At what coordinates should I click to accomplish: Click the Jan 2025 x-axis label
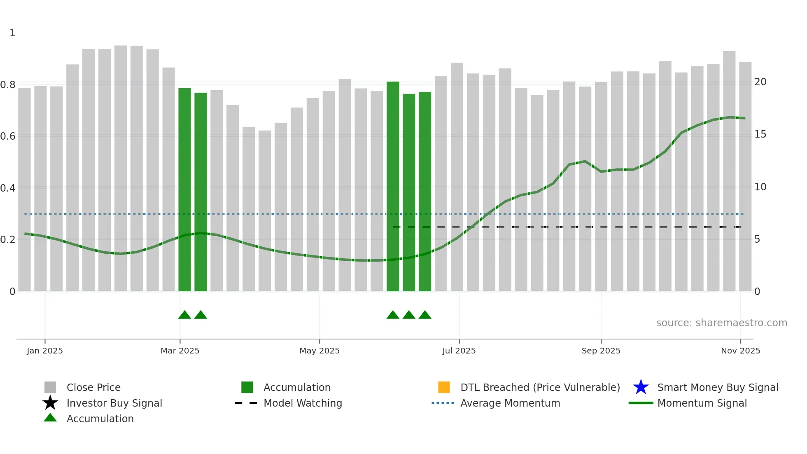pyautogui.click(x=45, y=351)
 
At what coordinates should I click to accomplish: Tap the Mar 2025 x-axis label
pyautogui.click(x=180, y=351)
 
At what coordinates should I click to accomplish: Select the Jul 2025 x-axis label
pyautogui.click(x=459, y=351)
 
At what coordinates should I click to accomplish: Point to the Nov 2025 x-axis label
pyautogui.click(x=740, y=351)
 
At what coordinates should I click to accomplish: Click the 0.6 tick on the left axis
pyautogui.click(x=8, y=136)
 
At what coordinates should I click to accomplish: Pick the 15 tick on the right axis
pyautogui.click(x=760, y=134)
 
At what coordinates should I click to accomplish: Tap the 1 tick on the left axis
pyautogui.click(x=12, y=33)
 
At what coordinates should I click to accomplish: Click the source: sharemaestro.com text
pyautogui.click(x=721, y=323)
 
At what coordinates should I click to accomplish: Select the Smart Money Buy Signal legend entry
pyautogui.click(x=717, y=388)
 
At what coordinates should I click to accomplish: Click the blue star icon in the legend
pyautogui.click(x=641, y=387)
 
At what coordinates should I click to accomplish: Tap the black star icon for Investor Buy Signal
pyautogui.click(x=50, y=403)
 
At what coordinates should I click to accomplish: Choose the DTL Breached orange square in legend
pyautogui.click(x=444, y=387)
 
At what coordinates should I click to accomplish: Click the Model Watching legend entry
pyautogui.click(x=303, y=403)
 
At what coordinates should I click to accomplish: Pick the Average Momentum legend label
pyautogui.click(x=510, y=403)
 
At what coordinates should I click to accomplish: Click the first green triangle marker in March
pyautogui.click(x=184, y=315)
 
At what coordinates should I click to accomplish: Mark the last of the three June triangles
pyautogui.click(x=425, y=315)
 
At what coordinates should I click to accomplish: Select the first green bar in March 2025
pyautogui.click(x=184, y=190)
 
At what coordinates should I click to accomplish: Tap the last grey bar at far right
pyautogui.click(x=745, y=177)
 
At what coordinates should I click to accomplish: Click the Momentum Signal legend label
pyautogui.click(x=702, y=403)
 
